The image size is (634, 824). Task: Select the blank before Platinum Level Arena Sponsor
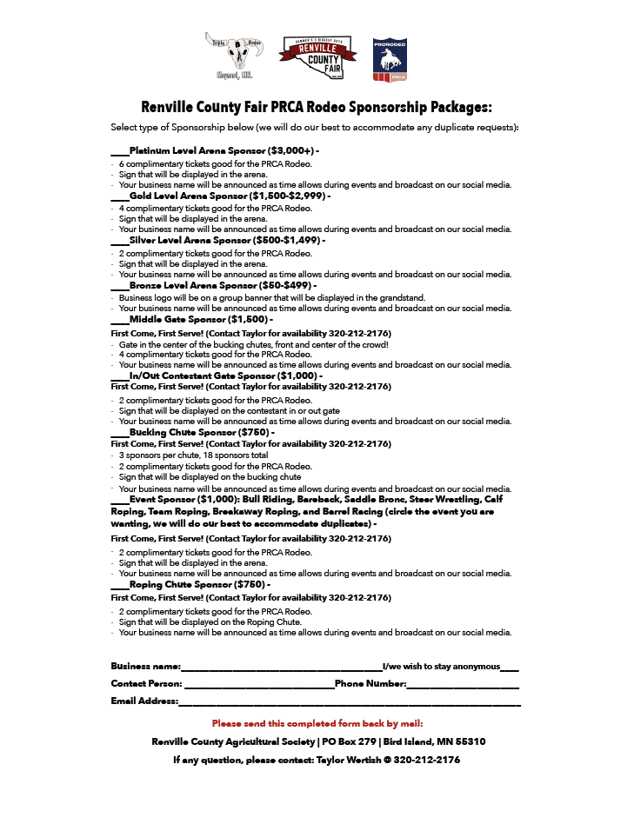point(120,150)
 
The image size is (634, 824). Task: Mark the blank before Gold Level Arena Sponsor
point(120,196)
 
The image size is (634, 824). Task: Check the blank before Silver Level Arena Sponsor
point(120,241)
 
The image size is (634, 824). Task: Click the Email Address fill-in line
point(349,701)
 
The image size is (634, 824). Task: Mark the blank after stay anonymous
point(510,667)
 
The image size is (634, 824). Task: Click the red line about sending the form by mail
point(317,723)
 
